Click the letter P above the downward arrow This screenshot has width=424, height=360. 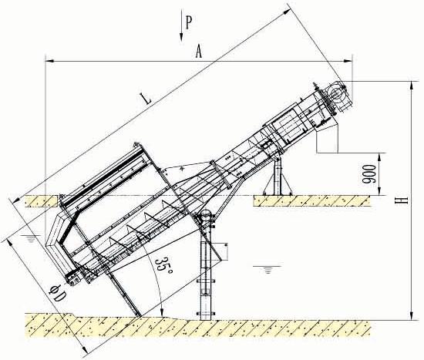pos(189,22)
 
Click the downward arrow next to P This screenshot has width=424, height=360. pos(181,26)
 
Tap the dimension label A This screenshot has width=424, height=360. pos(199,52)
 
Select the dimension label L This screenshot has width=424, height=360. pos(145,99)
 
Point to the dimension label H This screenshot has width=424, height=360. pos(402,200)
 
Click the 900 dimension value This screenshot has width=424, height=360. pos(371,174)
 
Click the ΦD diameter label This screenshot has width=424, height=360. pos(57,294)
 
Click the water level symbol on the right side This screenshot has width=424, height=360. pos(268,269)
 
